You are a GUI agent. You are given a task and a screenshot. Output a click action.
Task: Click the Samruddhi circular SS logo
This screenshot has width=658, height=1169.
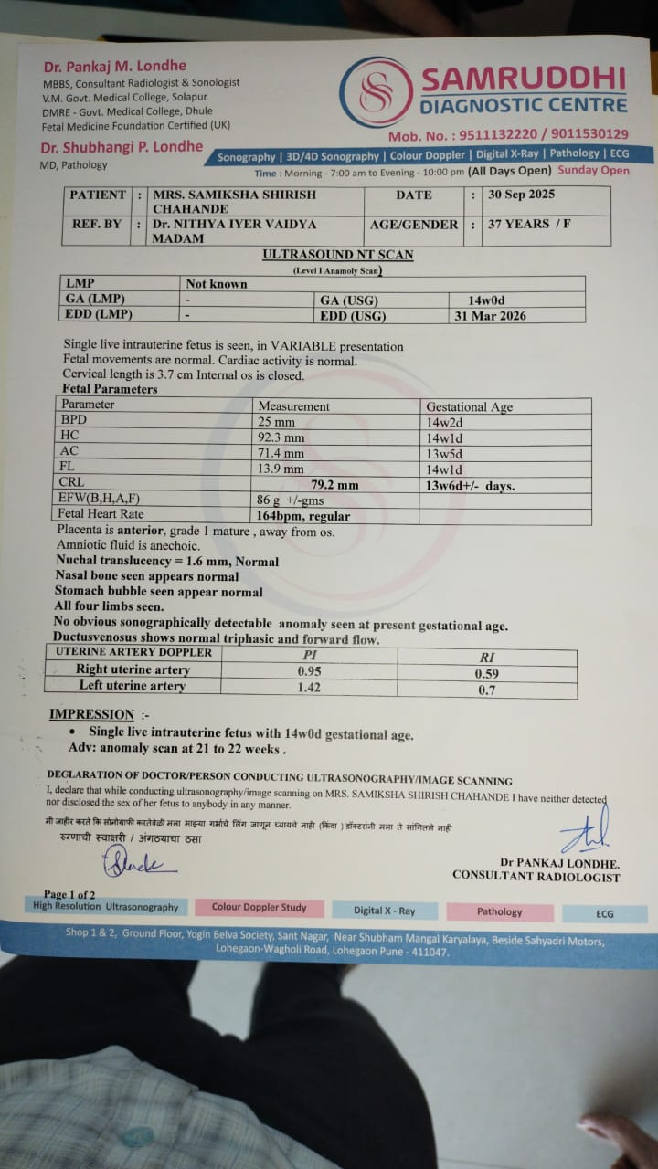pos(376,92)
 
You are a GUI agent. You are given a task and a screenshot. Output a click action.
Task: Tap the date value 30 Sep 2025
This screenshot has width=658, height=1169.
pos(522,195)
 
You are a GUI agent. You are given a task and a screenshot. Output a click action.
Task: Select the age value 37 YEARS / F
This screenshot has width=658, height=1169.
pos(529,224)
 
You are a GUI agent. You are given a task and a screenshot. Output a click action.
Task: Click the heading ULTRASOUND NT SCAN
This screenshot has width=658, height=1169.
pos(337,255)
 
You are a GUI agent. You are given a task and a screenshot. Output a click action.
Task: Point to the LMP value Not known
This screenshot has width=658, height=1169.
pos(217,284)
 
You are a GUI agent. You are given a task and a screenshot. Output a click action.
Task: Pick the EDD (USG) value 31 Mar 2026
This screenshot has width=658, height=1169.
pos(490,316)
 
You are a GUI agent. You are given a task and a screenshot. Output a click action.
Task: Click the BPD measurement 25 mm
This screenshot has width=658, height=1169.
pos(276,422)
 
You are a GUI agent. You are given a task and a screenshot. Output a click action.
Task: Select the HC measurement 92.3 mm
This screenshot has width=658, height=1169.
pos(281,437)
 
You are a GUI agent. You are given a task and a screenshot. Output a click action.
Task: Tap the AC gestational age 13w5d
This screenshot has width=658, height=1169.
pos(445,453)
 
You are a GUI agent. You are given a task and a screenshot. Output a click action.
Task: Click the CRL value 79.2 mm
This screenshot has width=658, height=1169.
pos(334,485)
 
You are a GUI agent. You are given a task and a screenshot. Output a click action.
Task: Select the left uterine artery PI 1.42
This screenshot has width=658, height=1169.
pos(310,687)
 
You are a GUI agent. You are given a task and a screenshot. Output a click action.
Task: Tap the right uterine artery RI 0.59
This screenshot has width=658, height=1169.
pos(488,674)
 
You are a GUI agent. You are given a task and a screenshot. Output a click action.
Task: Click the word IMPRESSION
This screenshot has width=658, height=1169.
pos(91,714)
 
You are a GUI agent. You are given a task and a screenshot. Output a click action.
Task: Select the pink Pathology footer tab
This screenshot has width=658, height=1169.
pos(499,911)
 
